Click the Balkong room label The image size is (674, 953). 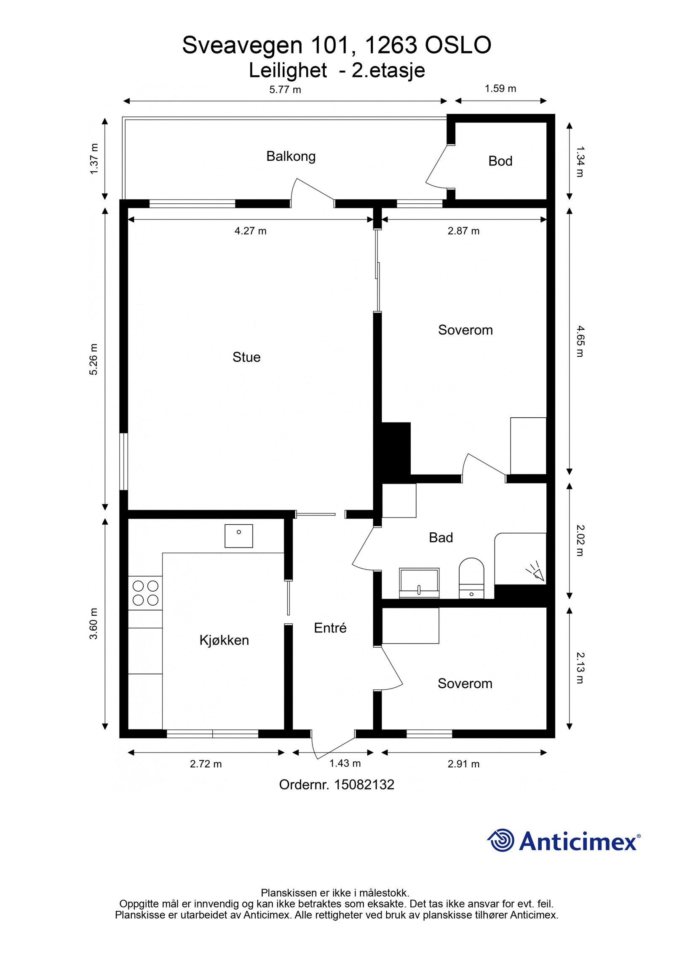tap(291, 157)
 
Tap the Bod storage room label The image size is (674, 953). tap(500, 161)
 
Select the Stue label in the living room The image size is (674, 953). tap(246, 357)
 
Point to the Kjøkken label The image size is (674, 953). tap(224, 641)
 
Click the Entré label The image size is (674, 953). tap(330, 628)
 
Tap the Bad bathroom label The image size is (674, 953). tap(441, 538)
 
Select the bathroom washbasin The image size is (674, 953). tap(419, 583)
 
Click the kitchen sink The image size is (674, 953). tap(238, 536)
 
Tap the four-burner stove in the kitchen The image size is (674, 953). tap(145, 593)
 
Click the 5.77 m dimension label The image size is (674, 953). tap(285, 90)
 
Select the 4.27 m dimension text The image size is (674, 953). tap(251, 231)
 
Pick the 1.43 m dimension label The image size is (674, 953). tap(345, 763)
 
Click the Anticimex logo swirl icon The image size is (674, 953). tap(501, 840)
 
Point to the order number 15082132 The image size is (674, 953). tap(364, 784)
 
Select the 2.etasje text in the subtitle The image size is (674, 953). tap(388, 70)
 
